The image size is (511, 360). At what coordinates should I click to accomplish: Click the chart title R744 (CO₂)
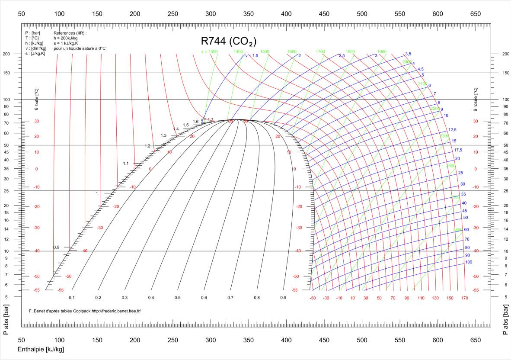(229, 42)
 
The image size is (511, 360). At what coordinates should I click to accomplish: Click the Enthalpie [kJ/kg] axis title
(41, 349)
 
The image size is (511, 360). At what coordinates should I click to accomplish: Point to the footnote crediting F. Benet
(84, 311)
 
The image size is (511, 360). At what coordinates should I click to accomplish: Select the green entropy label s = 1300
(210, 51)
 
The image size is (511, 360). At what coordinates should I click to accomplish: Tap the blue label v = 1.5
(252, 55)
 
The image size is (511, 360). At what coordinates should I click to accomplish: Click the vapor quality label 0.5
(177, 298)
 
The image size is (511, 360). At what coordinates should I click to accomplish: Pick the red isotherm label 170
(464, 298)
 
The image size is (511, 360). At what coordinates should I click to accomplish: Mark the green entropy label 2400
(451, 166)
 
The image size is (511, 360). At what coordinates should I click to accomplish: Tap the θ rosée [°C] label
(476, 99)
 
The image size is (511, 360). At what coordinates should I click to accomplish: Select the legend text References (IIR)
(70, 33)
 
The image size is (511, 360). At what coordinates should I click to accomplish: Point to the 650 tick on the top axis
(475, 14)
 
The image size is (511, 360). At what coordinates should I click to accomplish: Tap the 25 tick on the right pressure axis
(506, 191)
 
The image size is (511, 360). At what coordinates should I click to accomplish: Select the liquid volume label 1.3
(163, 135)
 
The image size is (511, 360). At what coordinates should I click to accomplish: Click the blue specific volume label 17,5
(458, 150)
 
